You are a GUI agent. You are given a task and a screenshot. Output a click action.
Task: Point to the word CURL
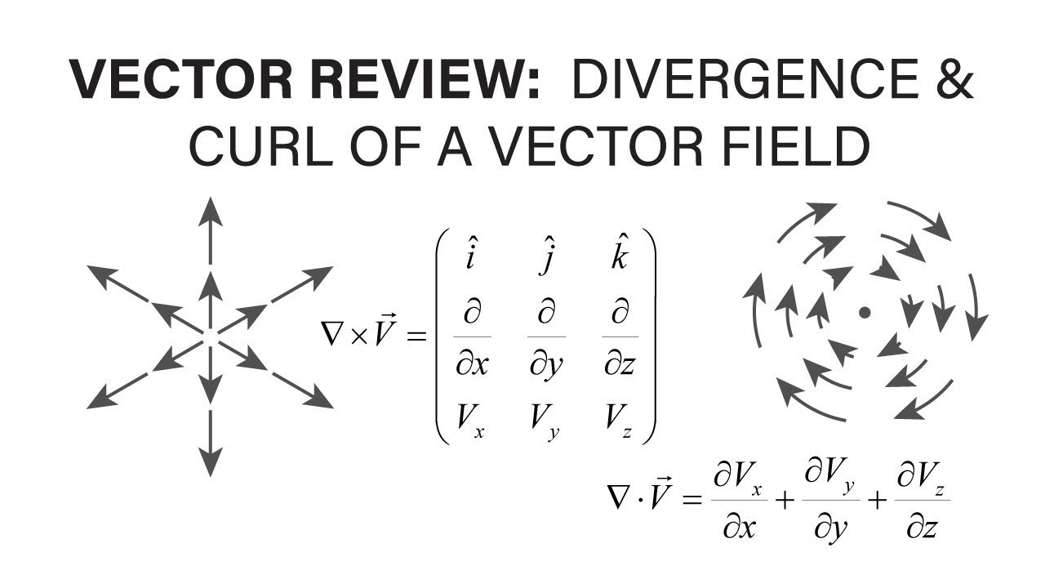256,147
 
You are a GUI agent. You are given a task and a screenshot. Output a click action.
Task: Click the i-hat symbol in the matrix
472,256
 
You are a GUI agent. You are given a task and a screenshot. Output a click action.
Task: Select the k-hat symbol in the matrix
620,256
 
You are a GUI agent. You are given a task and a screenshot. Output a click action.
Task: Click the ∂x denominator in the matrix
472,364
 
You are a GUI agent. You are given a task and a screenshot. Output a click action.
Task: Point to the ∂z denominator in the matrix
620,364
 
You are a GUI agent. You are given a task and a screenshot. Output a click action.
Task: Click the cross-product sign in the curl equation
357,336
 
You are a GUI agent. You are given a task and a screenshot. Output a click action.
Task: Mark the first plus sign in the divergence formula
784,500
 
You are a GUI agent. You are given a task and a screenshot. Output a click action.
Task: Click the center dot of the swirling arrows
865,312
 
